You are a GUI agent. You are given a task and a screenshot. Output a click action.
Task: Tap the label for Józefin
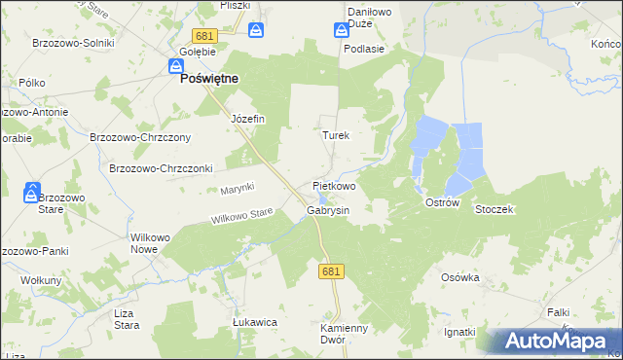pyautogui.click(x=247, y=119)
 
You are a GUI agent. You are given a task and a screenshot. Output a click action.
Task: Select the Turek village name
pyautogui.click(x=336, y=136)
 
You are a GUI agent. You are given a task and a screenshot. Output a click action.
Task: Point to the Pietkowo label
pyautogui.click(x=334, y=185)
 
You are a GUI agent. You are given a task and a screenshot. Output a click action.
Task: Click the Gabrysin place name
pyautogui.click(x=328, y=209)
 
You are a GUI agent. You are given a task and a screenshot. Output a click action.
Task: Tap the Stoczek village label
pyautogui.click(x=494, y=209)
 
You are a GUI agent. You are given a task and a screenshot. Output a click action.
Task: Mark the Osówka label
pyautogui.click(x=460, y=277)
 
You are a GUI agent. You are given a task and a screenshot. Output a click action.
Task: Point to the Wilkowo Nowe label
pyautogui.click(x=143, y=243)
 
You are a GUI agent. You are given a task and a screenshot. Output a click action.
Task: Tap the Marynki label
pyautogui.click(x=237, y=187)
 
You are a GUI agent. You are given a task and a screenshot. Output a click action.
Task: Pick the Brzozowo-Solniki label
pyautogui.click(x=73, y=43)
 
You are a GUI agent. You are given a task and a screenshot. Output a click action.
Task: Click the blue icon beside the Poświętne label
pyautogui.click(x=175, y=66)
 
